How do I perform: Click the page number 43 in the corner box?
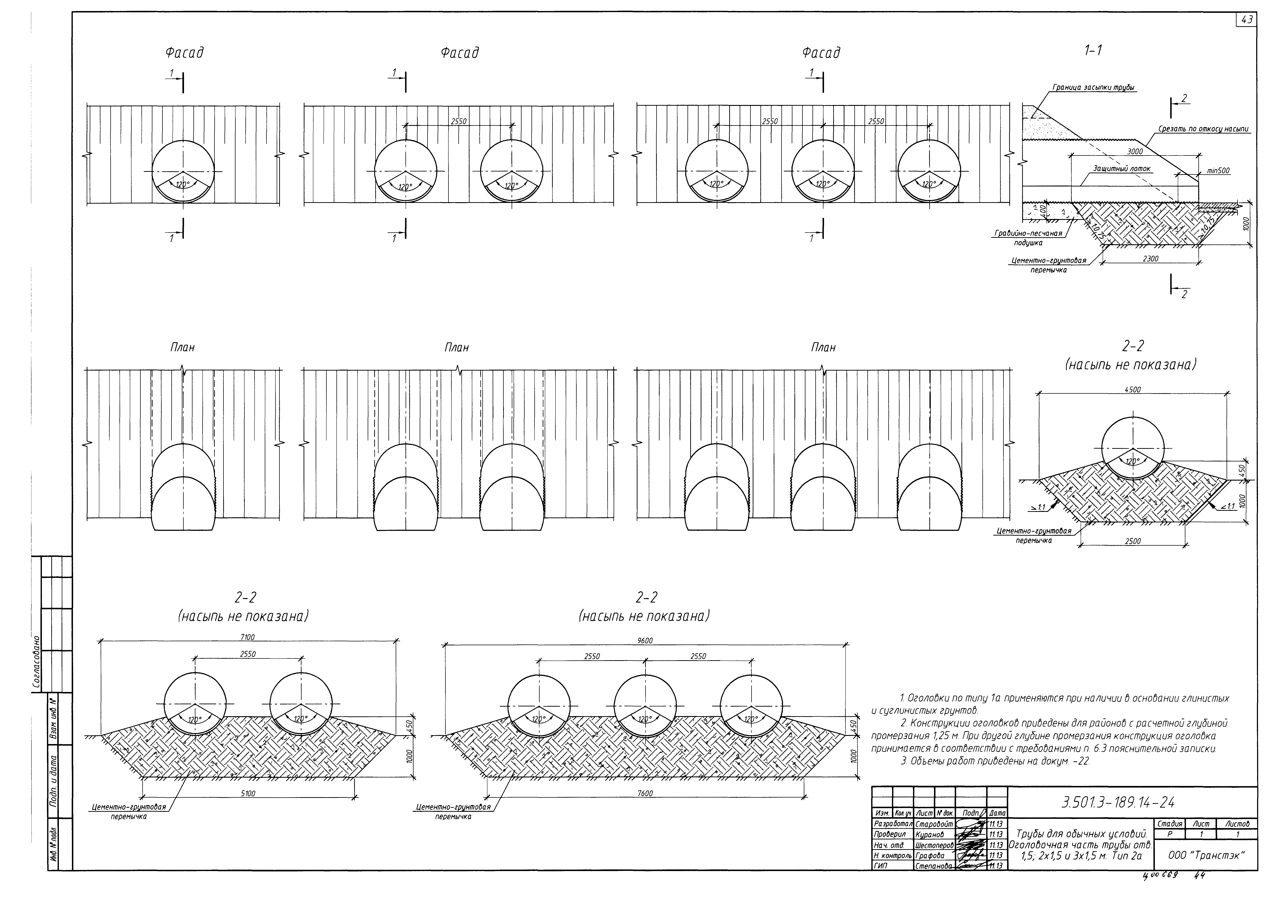click(1247, 20)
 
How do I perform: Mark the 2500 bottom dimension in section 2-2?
click(1133, 541)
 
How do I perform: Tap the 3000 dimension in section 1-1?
click(1134, 151)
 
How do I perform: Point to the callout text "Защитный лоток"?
click(1121, 168)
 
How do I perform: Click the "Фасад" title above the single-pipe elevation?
click(184, 53)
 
